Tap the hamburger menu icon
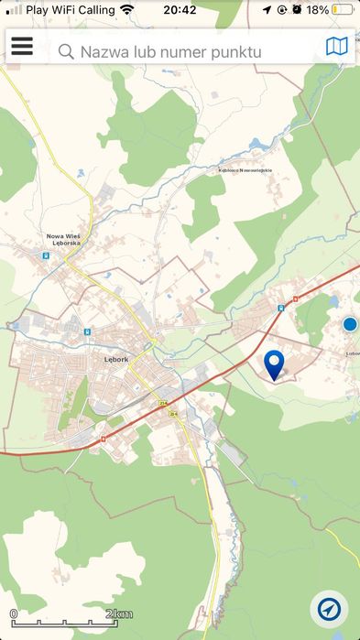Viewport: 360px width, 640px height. point(21,47)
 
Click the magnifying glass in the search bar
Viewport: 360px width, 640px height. point(66,52)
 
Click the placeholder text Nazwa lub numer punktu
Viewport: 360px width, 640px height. point(170,52)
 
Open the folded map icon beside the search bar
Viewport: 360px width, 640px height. point(337,47)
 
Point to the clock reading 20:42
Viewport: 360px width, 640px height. point(180,10)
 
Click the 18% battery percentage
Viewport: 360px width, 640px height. point(317,10)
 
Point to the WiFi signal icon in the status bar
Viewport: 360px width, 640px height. point(126,10)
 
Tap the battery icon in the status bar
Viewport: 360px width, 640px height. point(344,10)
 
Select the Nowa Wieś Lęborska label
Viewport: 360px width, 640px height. point(64,240)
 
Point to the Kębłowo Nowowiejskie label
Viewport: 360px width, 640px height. point(245,169)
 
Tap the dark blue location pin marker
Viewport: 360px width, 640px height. point(274,363)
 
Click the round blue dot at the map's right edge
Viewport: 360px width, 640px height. point(349,324)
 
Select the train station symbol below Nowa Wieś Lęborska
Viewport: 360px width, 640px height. point(45,256)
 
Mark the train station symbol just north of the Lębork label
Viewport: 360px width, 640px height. point(87,331)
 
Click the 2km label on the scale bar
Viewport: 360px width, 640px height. point(119,613)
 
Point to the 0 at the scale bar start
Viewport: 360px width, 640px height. point(14,613)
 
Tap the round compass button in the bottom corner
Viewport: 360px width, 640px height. point(329,609)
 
